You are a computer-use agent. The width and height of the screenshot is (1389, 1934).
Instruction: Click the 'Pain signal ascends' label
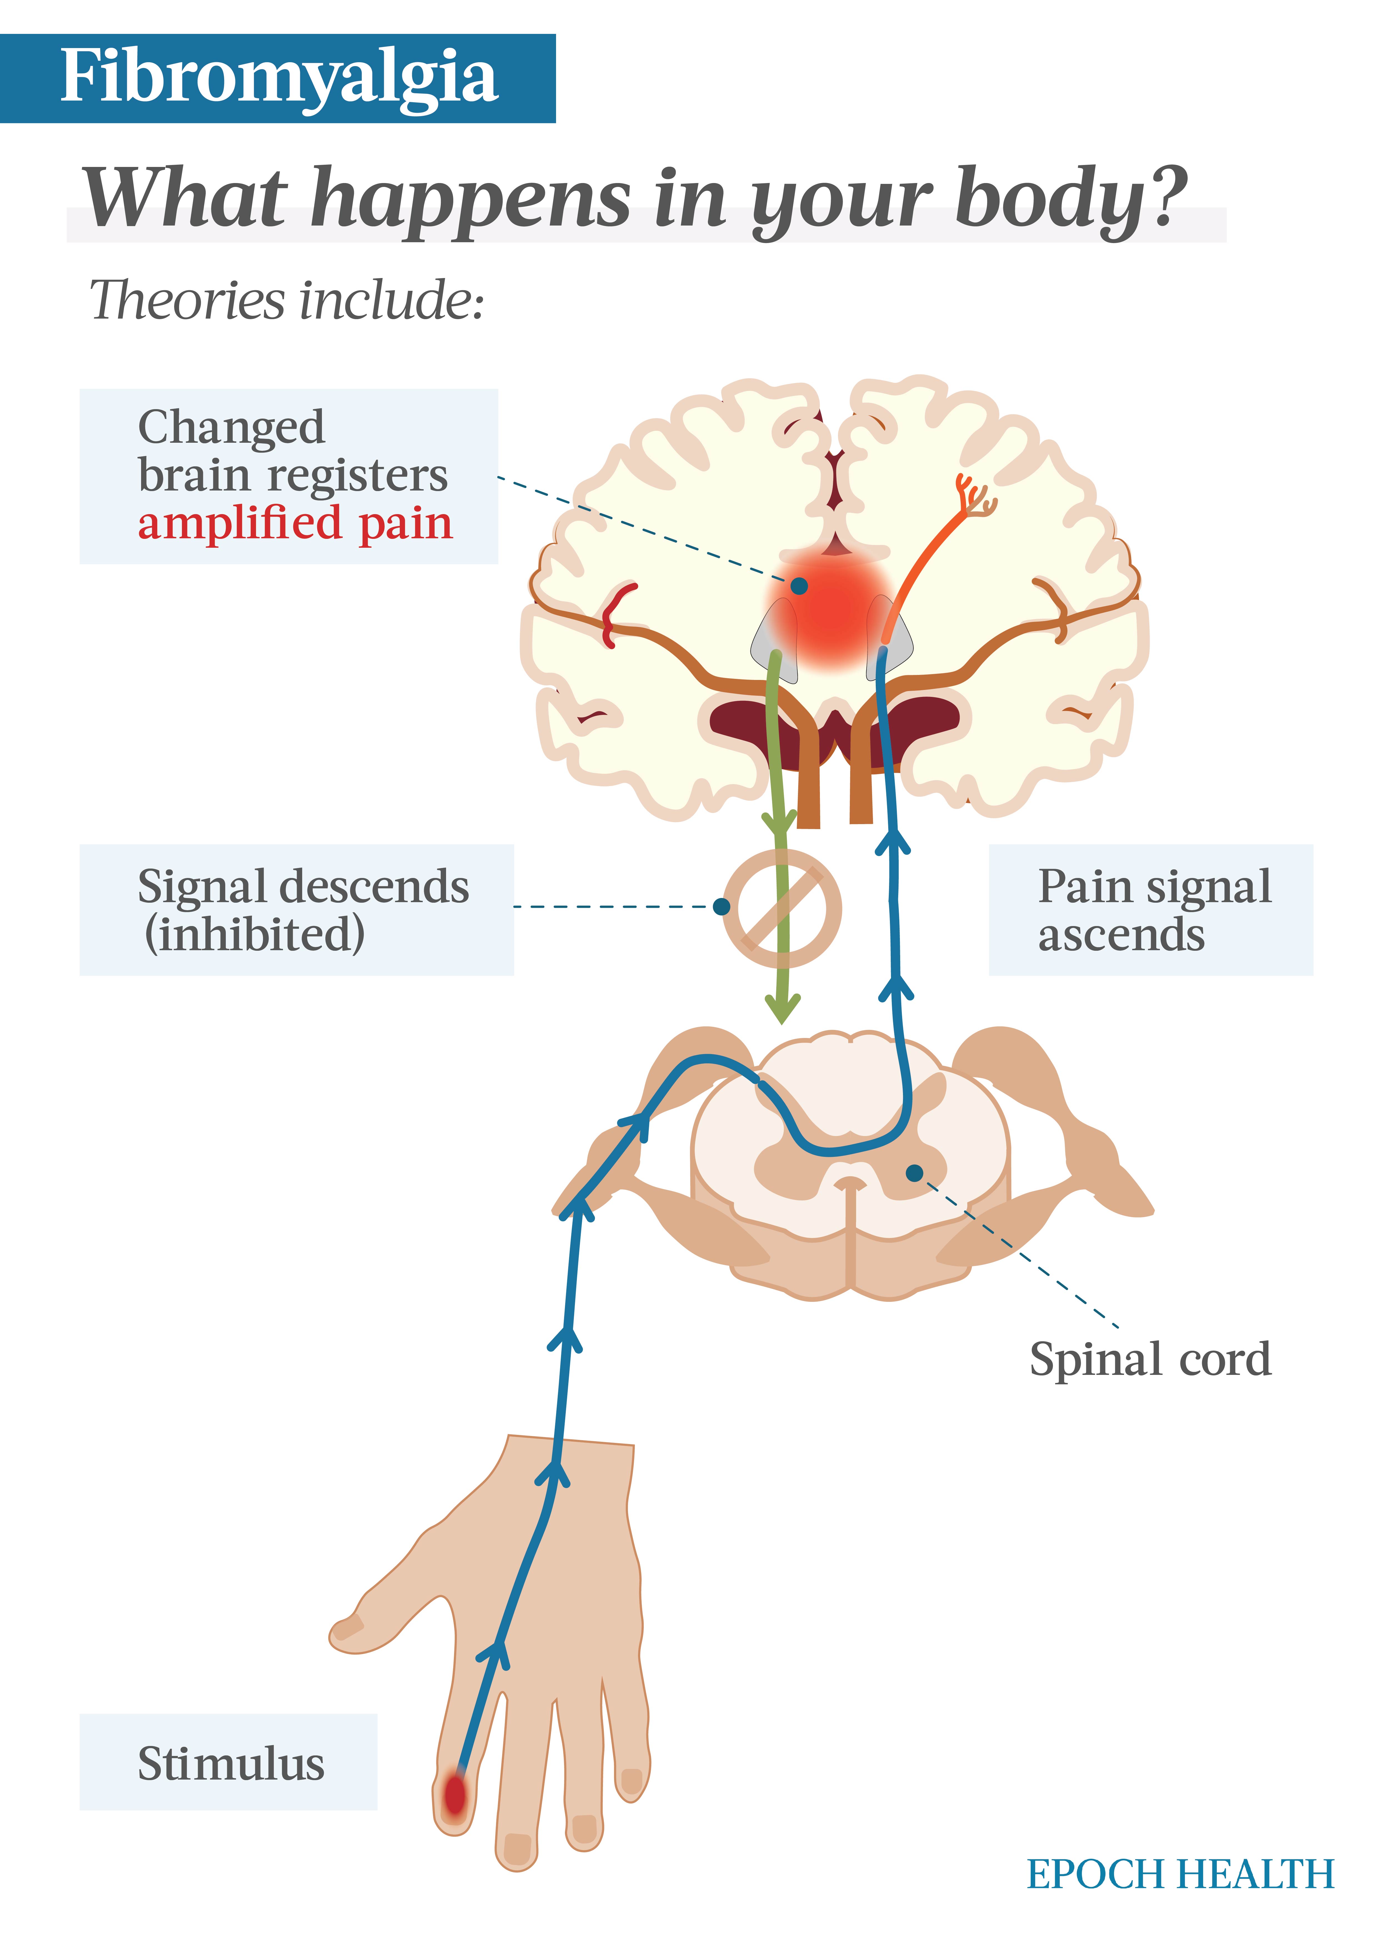(1151, 910)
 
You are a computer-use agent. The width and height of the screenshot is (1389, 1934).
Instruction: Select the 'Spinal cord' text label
(1150, 1359)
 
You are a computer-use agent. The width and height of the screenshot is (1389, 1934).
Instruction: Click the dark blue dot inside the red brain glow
(799, 586)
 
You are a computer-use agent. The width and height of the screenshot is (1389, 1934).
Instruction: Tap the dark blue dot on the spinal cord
(915, 1173)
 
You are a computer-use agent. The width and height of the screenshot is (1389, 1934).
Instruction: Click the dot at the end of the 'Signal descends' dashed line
(721, 907)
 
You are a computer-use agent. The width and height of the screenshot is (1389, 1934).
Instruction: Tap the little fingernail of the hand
(632, 1782)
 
